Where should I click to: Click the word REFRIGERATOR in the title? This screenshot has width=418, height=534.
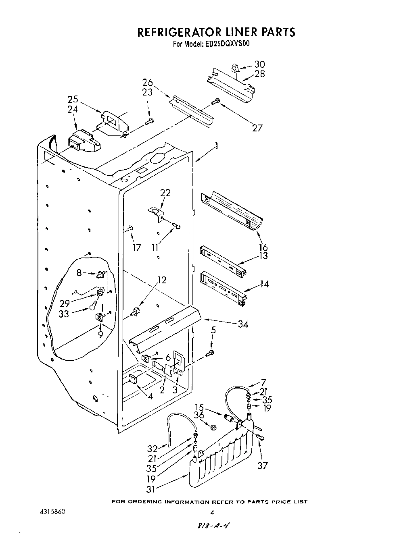click(178, 32)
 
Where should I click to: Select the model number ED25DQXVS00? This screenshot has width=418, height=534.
click(226, 44)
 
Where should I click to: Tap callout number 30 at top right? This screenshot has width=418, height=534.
click(259, 64)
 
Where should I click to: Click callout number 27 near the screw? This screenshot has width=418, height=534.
click(257, 128)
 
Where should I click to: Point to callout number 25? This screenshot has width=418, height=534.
click(73, 100)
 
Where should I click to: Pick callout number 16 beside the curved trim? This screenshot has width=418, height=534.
click(263, 247)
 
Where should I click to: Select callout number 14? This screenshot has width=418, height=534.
click(264, 284)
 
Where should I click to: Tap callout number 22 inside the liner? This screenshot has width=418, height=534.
click(165, 193)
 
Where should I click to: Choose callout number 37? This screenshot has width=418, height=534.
click(263, 465)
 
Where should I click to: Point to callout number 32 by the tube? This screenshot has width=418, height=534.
click(152, 448)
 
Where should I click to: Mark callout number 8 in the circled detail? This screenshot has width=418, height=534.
click(79, 273)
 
